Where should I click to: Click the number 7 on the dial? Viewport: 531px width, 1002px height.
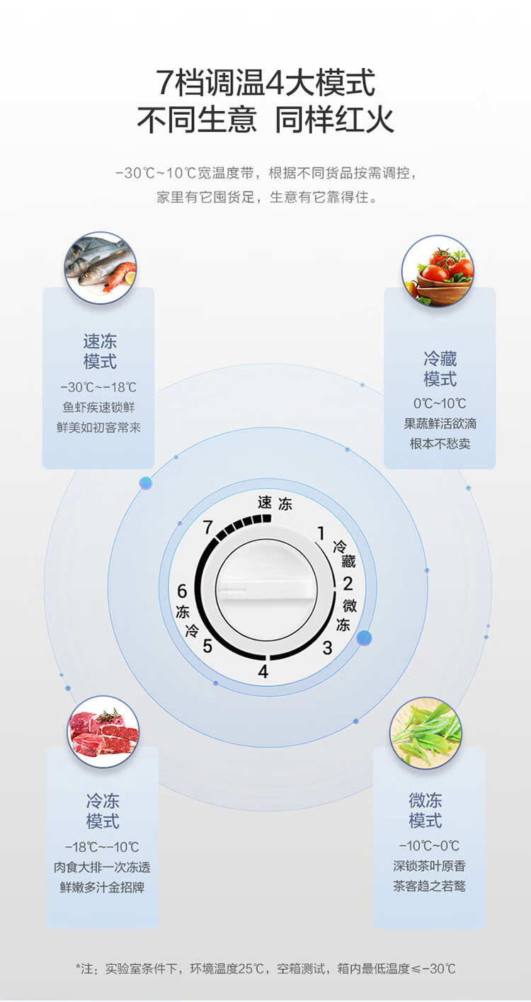click(207, 527)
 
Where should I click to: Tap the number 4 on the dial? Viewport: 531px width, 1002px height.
click(263, 671)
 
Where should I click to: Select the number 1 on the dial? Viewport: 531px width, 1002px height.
click(321, 533)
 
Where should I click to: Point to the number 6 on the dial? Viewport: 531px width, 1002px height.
click(182, 591)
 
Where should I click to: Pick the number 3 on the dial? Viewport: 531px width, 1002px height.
click(327, 647)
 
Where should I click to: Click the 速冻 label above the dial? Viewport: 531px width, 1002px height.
click(275, 503)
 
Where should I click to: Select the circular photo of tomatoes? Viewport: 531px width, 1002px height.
click(438, 271)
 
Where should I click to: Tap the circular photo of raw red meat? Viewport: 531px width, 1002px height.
click(103, 731)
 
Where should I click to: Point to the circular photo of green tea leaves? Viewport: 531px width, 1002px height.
click(426, 733)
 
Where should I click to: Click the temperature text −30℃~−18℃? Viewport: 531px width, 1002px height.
click(98, 387)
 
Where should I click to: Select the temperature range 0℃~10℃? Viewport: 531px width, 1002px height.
click(440, 404)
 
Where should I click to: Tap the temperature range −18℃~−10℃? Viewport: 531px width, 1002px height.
click(102, 847)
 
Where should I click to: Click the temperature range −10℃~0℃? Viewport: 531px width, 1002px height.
click(429, 846)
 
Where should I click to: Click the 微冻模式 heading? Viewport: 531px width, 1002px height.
click(426, 811)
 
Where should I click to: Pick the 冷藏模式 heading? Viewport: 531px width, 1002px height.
click(440, 368)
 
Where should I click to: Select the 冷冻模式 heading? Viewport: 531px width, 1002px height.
click(103, 812)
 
